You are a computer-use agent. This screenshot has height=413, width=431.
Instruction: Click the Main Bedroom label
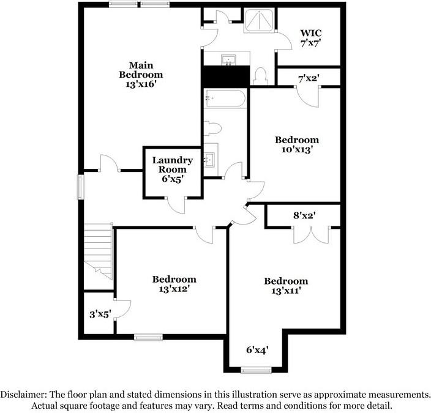(141, 74)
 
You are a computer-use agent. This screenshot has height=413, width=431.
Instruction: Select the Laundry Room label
(172, 169)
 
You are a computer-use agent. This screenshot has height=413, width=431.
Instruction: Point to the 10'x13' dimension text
(296, 149)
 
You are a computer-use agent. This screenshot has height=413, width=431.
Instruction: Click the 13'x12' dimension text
(174, 289)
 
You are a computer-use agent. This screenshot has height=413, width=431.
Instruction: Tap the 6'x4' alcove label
(257, 350)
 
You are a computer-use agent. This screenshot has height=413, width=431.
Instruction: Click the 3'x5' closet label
(99, 314)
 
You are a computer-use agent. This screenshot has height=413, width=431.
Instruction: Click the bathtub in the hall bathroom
(225, 98)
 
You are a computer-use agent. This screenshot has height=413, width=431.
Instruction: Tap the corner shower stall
(260, 20)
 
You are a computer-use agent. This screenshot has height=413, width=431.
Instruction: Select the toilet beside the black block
(260, 75)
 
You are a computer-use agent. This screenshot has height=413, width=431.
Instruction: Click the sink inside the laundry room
(211, 160)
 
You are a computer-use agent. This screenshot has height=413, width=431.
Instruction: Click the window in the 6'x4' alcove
(256, 370)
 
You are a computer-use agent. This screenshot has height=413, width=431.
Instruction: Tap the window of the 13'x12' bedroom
(148, 336)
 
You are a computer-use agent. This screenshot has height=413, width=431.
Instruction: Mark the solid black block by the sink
(225, 76)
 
